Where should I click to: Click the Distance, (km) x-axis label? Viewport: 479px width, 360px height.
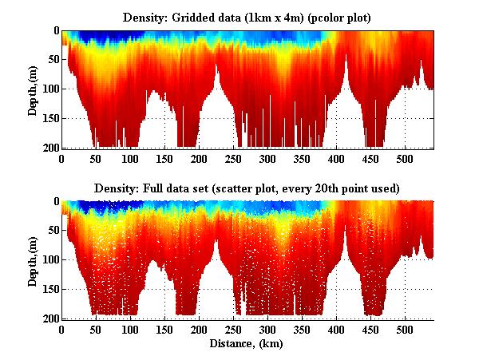click(248, 344)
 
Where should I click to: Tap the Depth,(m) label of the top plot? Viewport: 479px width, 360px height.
click(33, 89)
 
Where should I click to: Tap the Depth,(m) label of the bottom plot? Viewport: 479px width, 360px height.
click(33, 260)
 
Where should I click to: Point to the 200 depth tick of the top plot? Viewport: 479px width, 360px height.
click(51, 148)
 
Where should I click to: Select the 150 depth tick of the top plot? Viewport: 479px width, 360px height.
click(51, 118)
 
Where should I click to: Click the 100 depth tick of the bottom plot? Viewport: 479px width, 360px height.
click(51, 260)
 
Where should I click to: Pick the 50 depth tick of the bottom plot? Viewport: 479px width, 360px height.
click(53, 231)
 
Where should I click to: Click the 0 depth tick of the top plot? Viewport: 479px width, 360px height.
click(56, 31)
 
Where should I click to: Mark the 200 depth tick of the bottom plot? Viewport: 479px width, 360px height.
click(51, 318)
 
